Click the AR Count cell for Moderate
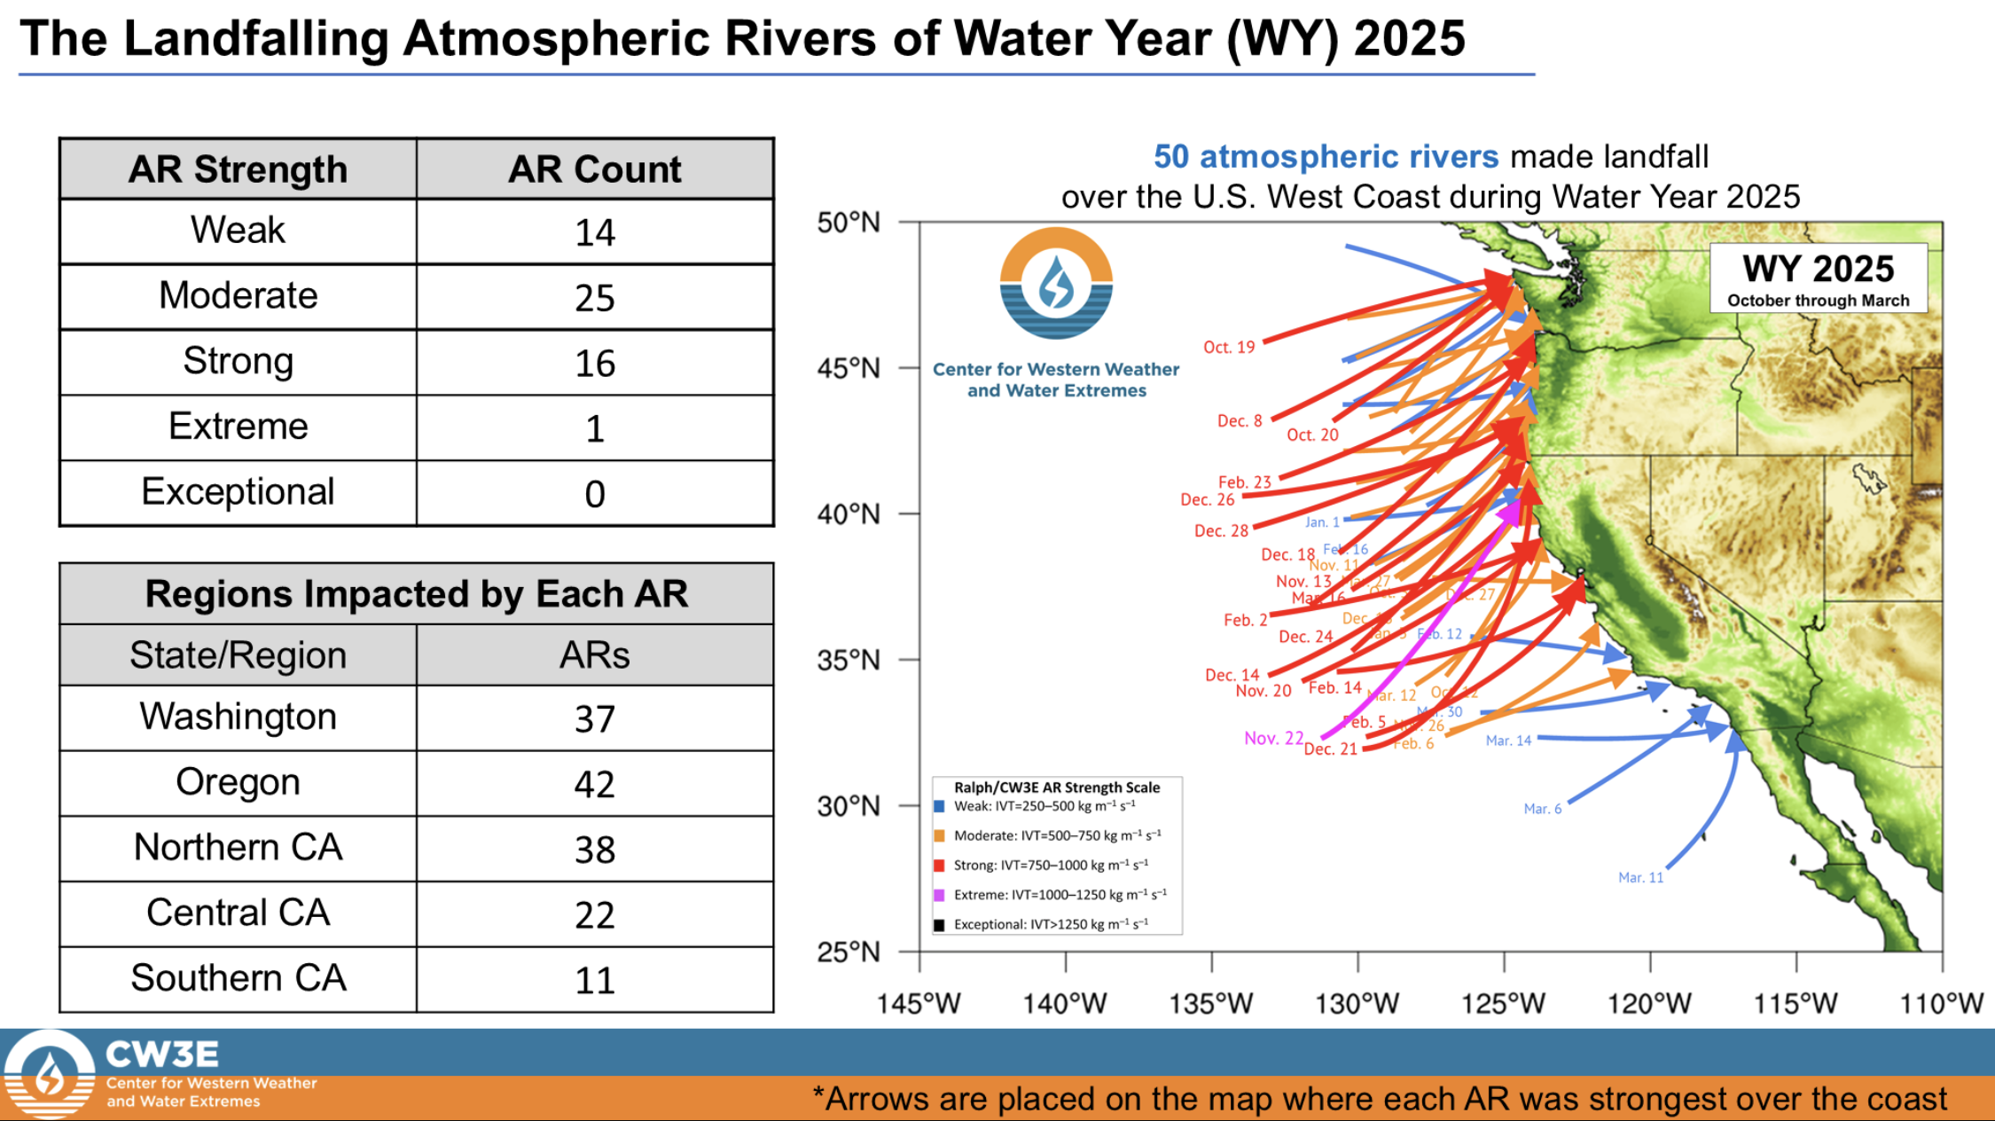click(594, 297)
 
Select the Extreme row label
click(238, 427)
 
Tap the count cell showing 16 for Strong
click(594, 363)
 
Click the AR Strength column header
click(238, 169)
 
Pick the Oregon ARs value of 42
click(594, 784)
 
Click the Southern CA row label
click(238, 978)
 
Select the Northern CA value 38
click(594, 850)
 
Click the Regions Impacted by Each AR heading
click(416, 593)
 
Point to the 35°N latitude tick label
click(849, 660)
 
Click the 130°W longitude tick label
click(1357, 1003)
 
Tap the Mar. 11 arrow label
click(1640, 877)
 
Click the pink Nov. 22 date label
click(1273, 738)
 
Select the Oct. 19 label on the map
click(1229, 347)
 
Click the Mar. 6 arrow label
click(1542, 809)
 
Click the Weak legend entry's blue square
click(939, 806)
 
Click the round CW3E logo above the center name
click(1056, 284)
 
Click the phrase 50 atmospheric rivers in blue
click(1326, 156)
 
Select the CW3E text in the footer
click(161, 1054)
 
